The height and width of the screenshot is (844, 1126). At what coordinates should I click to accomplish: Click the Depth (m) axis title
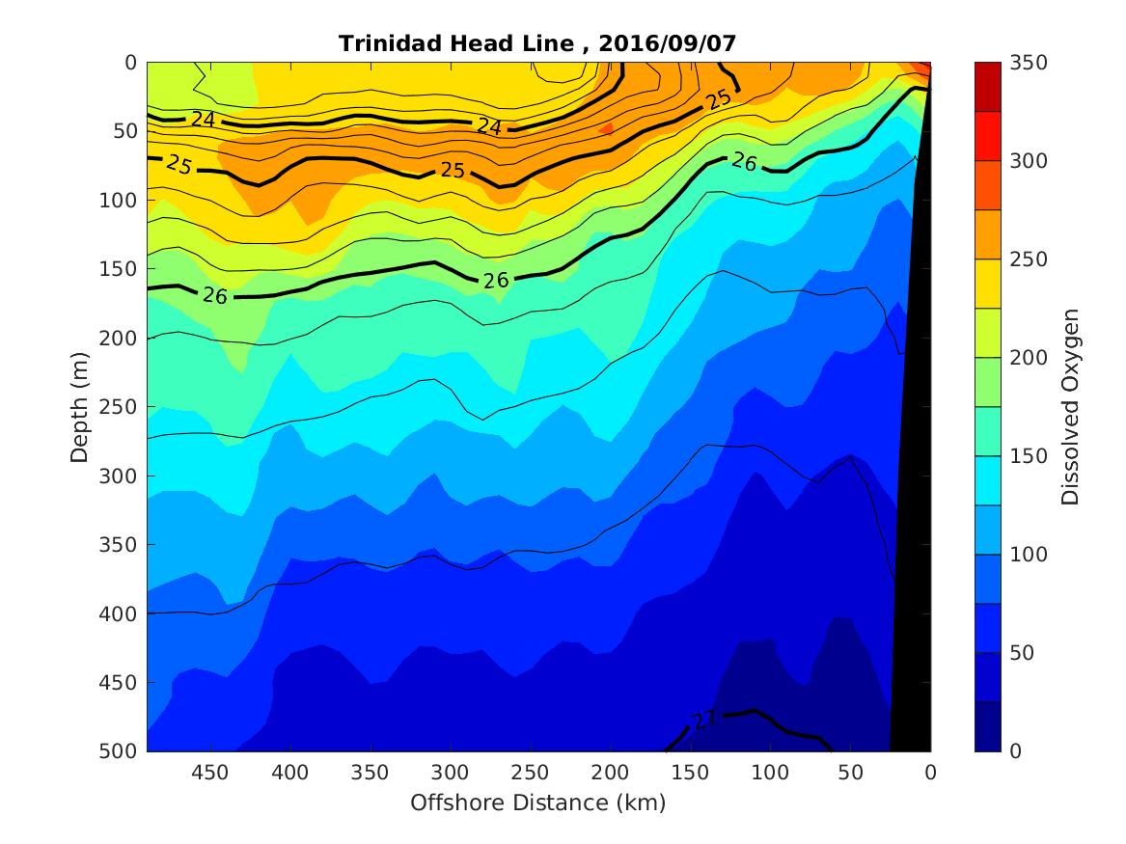[x=80, y=406]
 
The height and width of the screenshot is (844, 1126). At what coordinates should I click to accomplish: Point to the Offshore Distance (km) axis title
[x=538, y=803]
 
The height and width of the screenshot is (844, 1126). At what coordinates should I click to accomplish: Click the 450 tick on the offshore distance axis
[x=209, y=773]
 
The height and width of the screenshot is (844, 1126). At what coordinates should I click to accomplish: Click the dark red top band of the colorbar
[x=988, y=86]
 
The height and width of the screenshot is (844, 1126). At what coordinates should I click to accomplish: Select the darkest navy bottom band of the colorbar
[x=988, y=726]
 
